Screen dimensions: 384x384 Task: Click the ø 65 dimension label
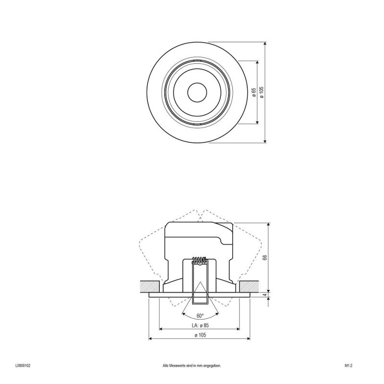(x=254, y=92)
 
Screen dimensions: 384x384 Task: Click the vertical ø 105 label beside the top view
(x=262, y=92)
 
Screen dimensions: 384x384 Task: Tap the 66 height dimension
(x=264, y=257)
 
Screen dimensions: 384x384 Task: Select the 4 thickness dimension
(x=265, y=295)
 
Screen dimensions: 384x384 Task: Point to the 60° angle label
(x=200, y=316)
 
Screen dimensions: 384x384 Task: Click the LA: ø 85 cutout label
(x=200, y=325)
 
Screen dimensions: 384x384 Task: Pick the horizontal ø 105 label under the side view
(x=200, y=335)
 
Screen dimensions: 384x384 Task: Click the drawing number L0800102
(x=23, y=366)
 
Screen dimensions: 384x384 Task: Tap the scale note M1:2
(x=348, y=366)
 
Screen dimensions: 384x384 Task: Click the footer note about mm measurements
(x=192, y=366)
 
